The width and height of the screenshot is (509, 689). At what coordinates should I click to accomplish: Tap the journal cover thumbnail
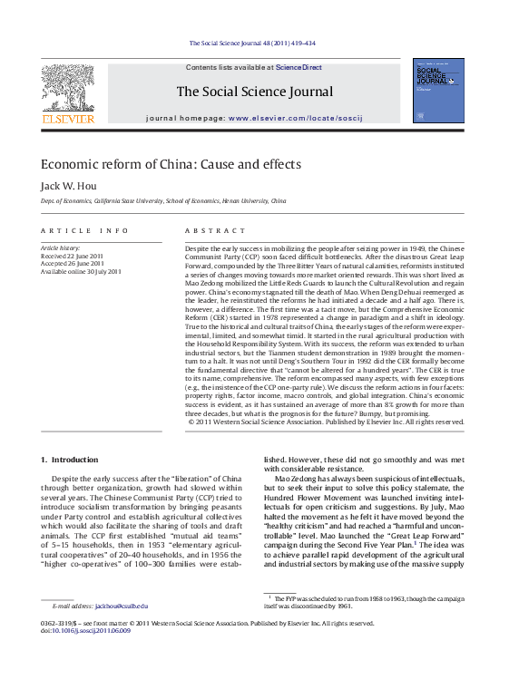[x=438, y=91]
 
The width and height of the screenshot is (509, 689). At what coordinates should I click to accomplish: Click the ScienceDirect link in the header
[x=299, y=67]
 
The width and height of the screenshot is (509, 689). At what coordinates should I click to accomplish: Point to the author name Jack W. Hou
[x=68, y=186]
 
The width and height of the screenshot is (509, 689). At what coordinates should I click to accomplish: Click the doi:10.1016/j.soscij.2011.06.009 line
[x=86, y=631]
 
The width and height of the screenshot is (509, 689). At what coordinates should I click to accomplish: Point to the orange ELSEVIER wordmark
[x=68, y=119]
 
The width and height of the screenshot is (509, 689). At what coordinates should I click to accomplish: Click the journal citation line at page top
[x=252, y=44]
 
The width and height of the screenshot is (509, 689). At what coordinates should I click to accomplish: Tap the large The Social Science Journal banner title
[x=254, y=92]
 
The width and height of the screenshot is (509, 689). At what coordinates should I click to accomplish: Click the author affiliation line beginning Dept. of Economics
[x=163, y=200]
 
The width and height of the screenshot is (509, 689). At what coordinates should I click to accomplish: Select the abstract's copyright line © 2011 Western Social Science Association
[x=325, y=422]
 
